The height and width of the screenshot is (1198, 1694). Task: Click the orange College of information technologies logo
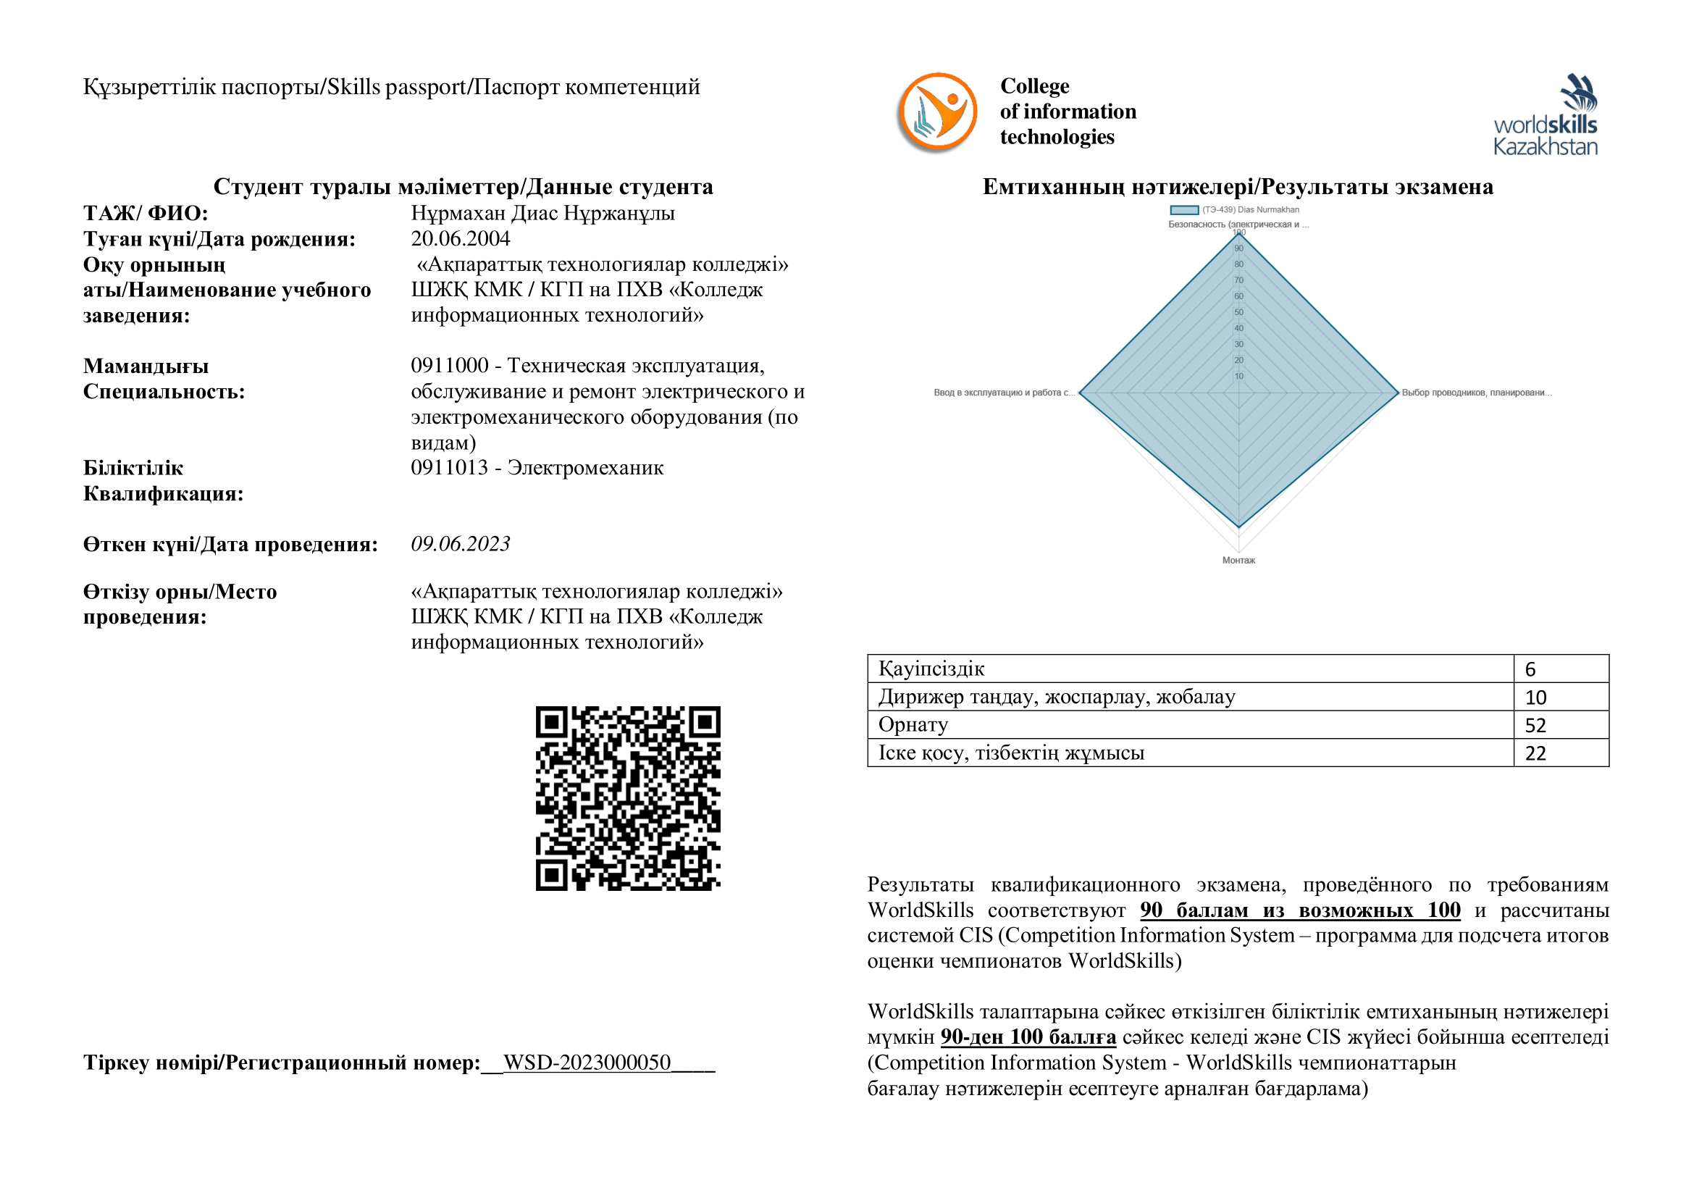pyautogui.click(x=937, y=112)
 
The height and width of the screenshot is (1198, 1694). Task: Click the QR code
pyautogui.click(x=628, y=798)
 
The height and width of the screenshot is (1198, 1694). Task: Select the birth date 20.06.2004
pyautogui.click(x=461, y=238)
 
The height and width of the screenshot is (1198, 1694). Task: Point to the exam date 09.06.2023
pyautogui.click(x=461, y=544)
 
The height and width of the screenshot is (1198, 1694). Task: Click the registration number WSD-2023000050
pyautogui.click(x=587, y=1063)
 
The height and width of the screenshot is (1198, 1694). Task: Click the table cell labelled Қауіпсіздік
pyautogui.click(x=931, y=669)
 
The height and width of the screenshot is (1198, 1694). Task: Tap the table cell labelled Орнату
pyautogui.click(x=913, y=725)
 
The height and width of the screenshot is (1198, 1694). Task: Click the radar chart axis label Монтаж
pyautogui.click(x=1238, y=561)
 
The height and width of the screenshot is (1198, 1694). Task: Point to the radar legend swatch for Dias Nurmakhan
pyautogui.click(x=1184, y=210)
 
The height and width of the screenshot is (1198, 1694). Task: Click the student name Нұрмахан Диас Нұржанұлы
pyautogui.click(x=542, y=213)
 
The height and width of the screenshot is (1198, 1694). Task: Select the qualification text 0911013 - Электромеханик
pyautogui.click(x=537, y=468)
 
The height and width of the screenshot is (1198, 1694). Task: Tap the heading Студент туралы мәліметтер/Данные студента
pyautogui.click(x=464, y=187)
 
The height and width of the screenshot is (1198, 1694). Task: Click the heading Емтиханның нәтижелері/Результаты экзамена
pyautogui.click(x=1237, y=187)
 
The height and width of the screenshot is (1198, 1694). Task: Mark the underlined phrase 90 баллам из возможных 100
pyautogui.click(x=1300, y=910)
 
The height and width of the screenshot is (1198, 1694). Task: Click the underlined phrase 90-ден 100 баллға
pyautogui.click(x=1028, y=1037)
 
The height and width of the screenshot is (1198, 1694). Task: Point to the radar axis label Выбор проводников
pyautogui.click(x=1475, y=393)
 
